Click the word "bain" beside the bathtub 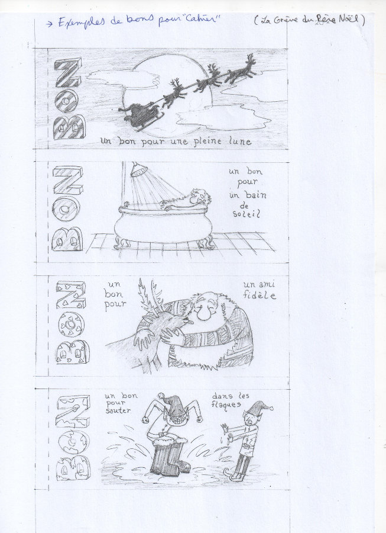[255, 195]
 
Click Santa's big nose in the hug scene [203, 313]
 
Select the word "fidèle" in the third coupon [260, 296]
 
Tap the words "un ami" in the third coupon [259, 284]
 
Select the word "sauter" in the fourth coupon [118, 410]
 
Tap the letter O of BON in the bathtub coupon [66, 208]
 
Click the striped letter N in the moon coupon [69, 73]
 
